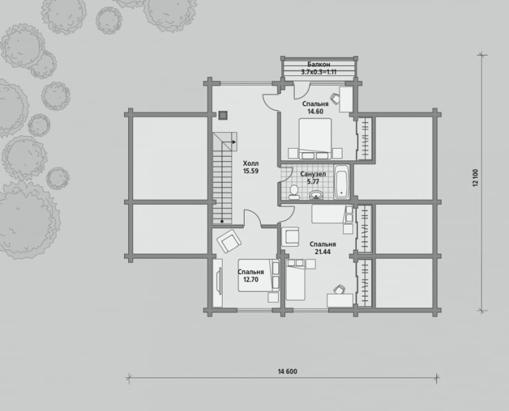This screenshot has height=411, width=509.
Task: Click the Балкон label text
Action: [319, 64]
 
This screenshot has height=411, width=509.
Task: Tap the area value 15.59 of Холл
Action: [251, 171]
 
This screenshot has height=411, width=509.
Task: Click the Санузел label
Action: [313, 175]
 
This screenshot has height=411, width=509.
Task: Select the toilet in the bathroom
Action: [295, 192]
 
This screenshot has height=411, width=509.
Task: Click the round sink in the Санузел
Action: [316, 195]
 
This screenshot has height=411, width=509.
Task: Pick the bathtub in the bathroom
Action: [341, 182]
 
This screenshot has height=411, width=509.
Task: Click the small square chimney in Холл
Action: [223, 115]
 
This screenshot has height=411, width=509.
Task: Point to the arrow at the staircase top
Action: [234, 142]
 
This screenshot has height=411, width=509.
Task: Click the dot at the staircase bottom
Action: [222, 221]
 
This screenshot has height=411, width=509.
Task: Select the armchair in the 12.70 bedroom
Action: [229, 240]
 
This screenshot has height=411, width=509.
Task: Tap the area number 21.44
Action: [323, 251]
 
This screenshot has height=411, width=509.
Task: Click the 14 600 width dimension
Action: [287, 371]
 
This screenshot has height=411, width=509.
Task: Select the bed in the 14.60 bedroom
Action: [315, 138]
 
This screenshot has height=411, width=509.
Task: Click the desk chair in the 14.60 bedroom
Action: [335, 97]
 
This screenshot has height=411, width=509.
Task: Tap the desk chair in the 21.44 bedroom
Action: [340, 289]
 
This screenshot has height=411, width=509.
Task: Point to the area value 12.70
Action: [251, 279]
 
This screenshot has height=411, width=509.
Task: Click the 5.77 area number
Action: [313, 182]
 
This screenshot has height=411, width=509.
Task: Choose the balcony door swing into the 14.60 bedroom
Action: [302, 91]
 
